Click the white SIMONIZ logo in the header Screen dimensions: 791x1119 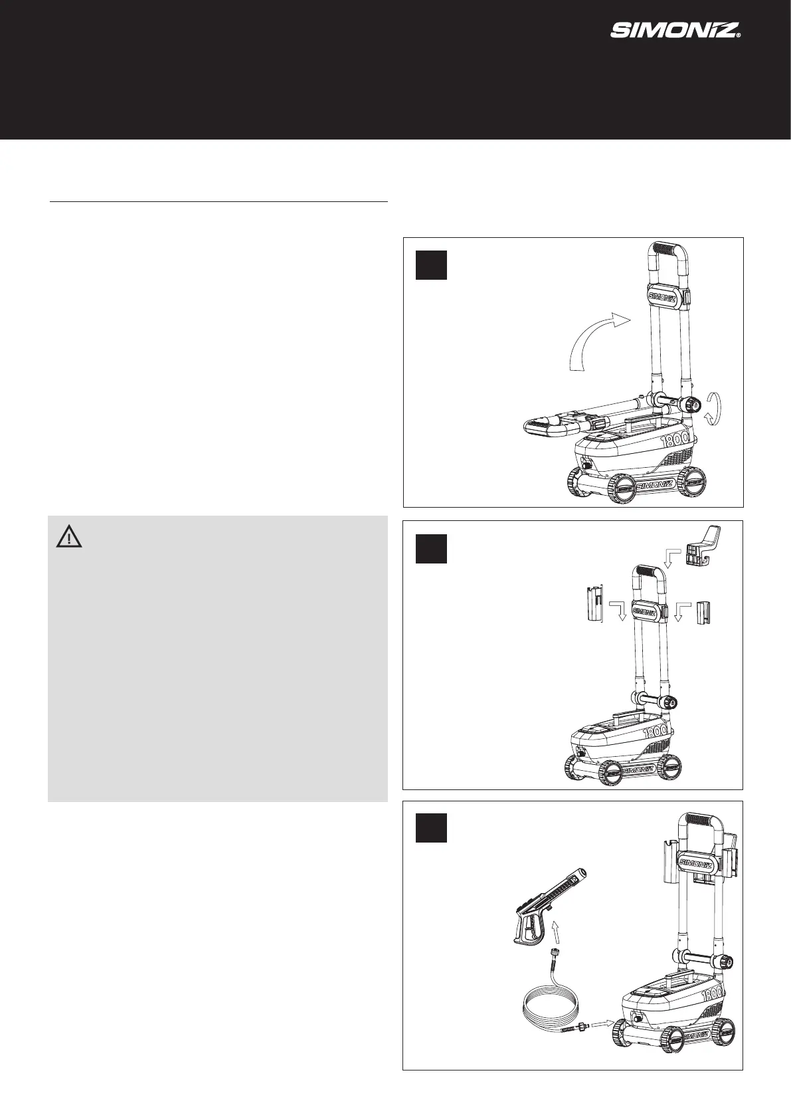(675, 31)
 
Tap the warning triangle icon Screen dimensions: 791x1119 (69, 536)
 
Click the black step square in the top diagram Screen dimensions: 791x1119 (431, 264)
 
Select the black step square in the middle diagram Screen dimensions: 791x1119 (431, 548)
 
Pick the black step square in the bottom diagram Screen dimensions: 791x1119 (431, 828)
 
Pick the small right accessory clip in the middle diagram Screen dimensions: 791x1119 (703, 613)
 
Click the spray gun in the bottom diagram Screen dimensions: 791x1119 (547, 904)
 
